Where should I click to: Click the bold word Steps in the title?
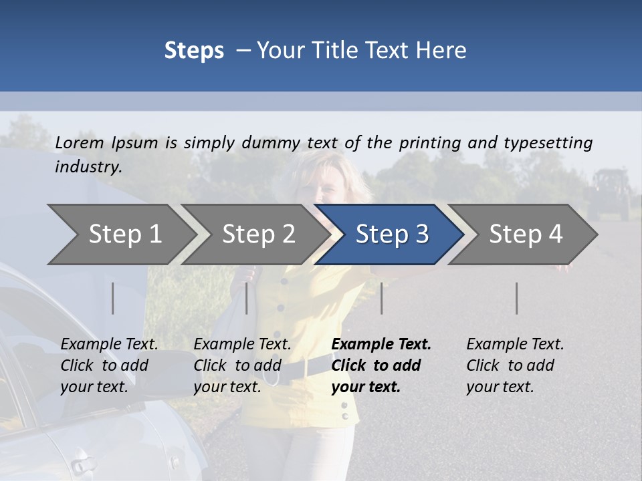click(x=194, y=51)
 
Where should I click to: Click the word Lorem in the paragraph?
click(x=79, y=143)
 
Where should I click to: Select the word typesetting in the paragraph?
click(x=548, y=143)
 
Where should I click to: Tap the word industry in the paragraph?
click(x=88, y=167)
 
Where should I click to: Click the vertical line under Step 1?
click(x=112, y=298)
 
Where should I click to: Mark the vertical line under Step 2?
click(x=247, y=298)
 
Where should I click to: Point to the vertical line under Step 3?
click(x=381, y=298)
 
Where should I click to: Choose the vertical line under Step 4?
click(x=516, y=298)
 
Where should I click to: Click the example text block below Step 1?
click(x=109, y=365)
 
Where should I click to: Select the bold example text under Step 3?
click(x=381, y=365)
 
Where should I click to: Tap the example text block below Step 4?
click(x=515, y=365)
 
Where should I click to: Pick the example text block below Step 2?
click(x=242, y=365)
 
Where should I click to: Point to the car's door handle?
click(x=82, y=464)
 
